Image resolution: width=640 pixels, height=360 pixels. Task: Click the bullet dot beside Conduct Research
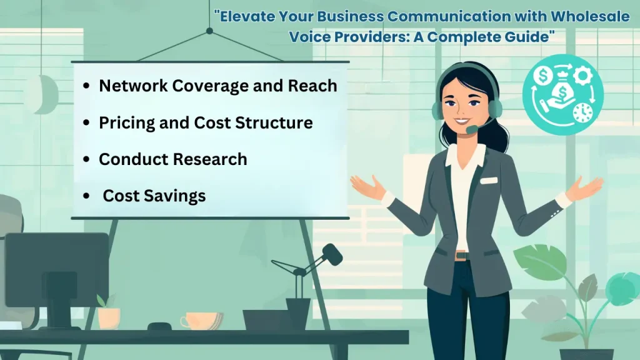[x=86, y=159]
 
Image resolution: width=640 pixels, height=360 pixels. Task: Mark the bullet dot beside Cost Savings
[x=86, y=196]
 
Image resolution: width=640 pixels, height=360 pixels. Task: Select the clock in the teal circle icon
[x=582, y=112]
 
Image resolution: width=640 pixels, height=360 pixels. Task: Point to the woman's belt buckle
[x=461, y=255]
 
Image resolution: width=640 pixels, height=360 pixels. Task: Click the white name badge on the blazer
[x=489, y=181]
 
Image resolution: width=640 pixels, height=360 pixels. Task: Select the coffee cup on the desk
[x=199, y=321]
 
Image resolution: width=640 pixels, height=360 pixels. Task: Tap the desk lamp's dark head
[x=332, y=254]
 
